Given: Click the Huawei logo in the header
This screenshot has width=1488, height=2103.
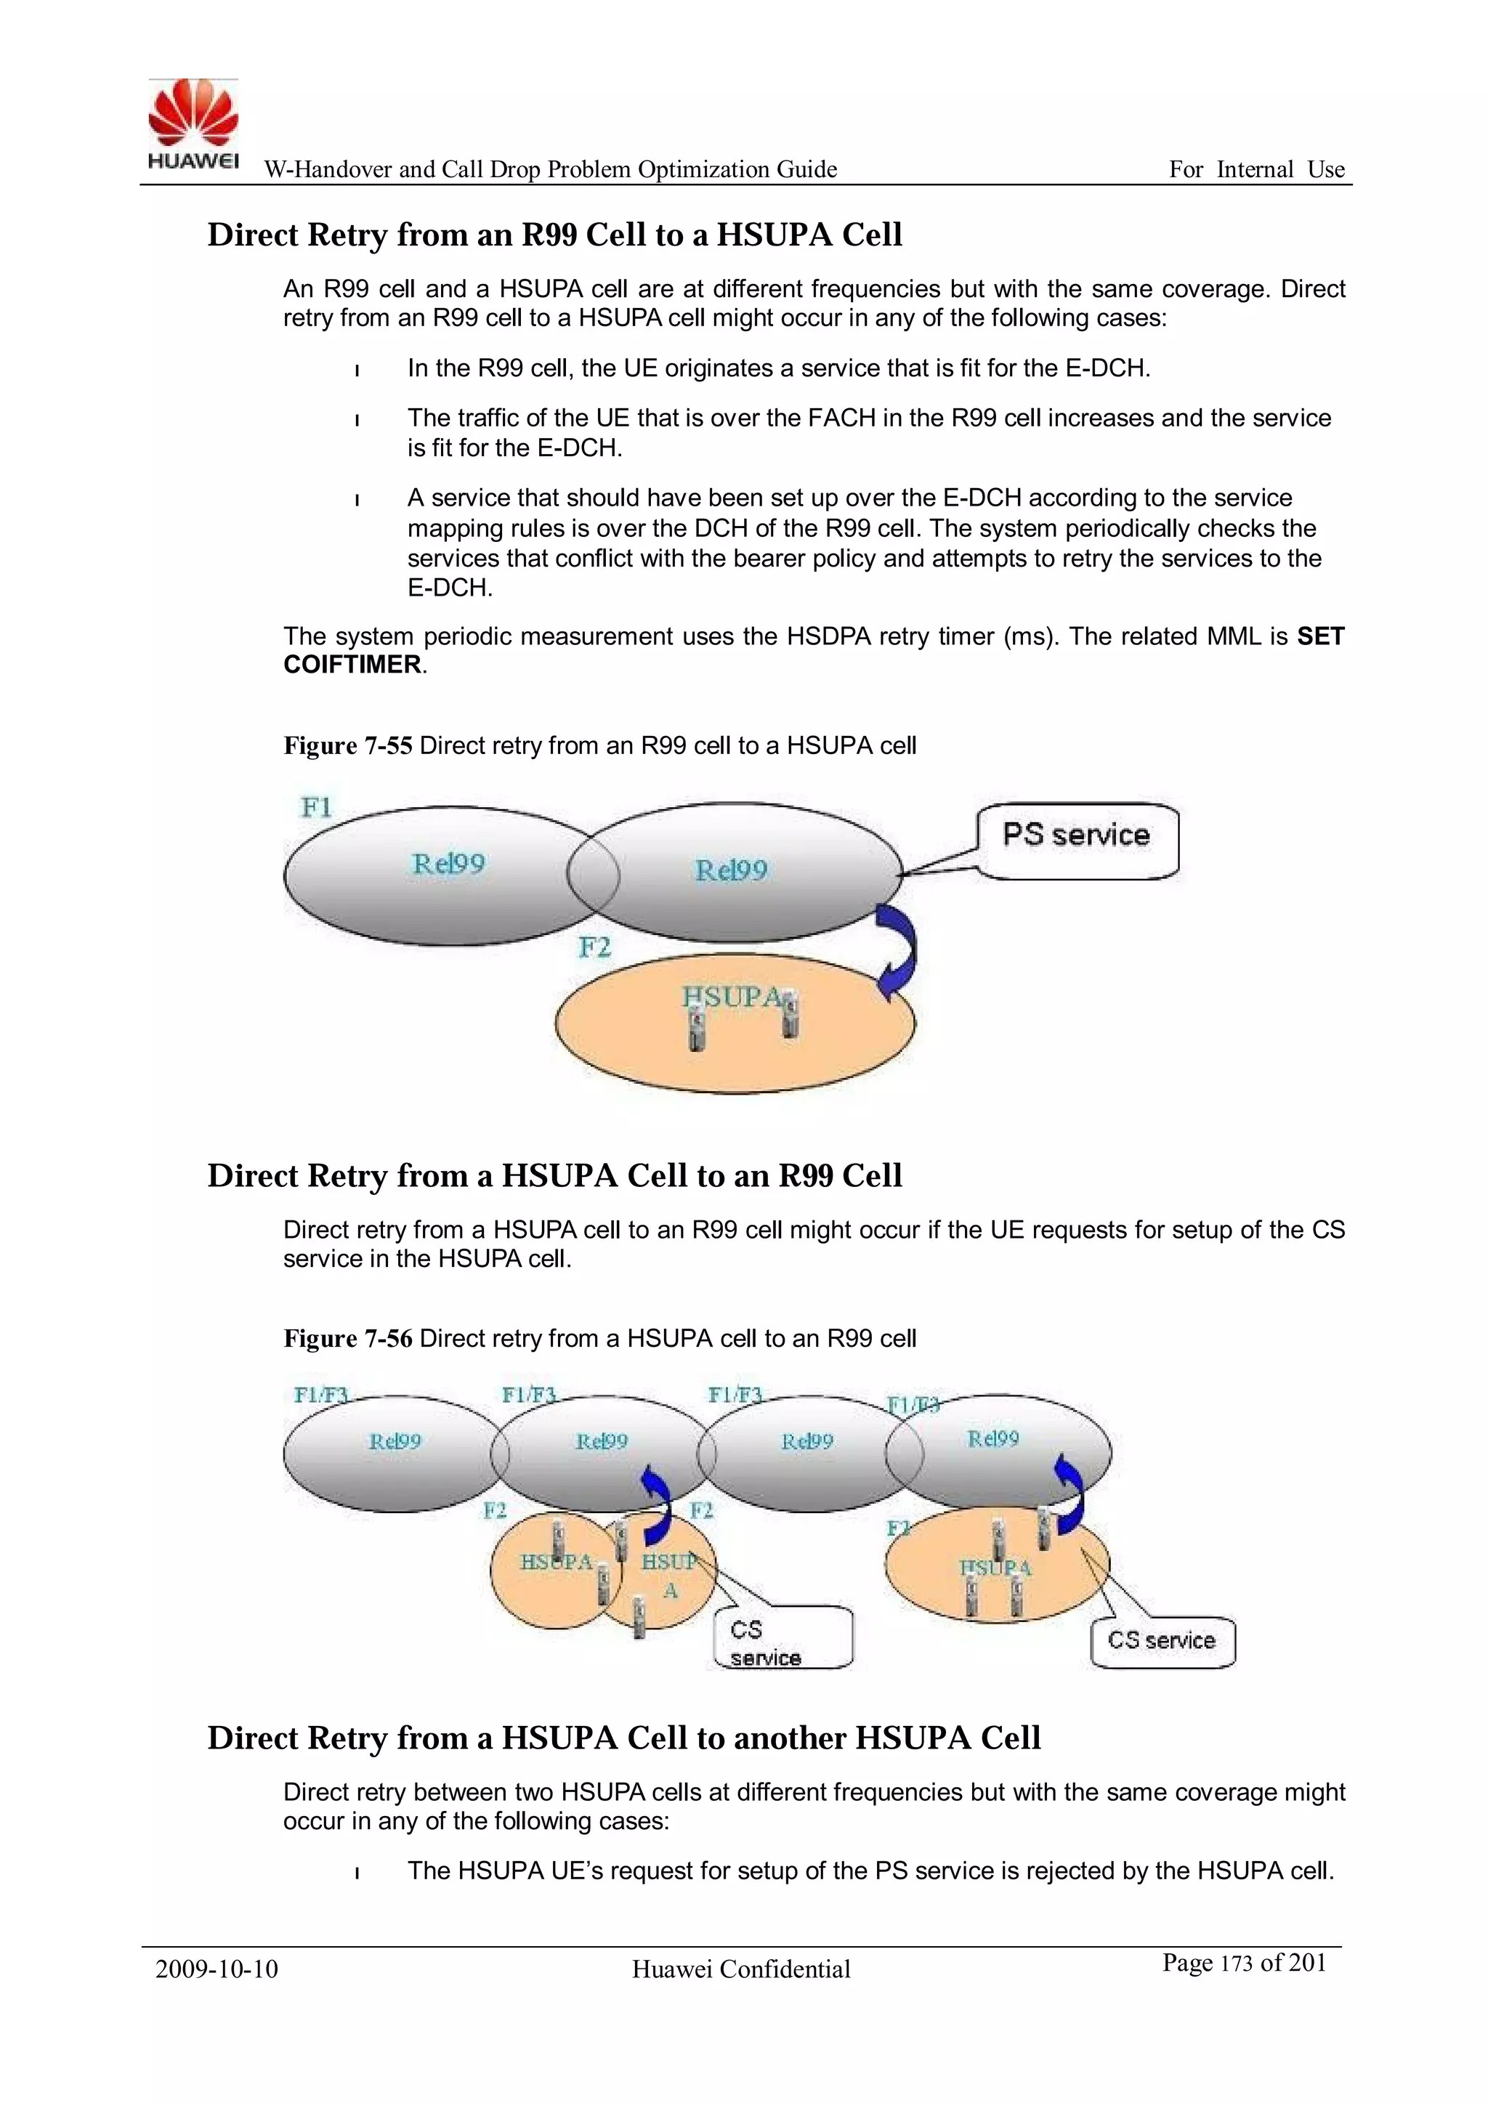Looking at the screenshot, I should [x=193, y=123].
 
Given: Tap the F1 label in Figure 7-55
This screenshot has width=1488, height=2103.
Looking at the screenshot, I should [x=316, y=807].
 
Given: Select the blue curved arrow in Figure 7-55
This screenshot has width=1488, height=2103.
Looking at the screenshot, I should [x=897, y=952].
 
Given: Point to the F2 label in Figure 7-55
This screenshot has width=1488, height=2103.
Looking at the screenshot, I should [x=594, y=947].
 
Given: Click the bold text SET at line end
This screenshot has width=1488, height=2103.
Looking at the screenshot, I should [x=1319, y=636].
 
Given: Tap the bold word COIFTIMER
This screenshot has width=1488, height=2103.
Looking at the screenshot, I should [x=352, y=665].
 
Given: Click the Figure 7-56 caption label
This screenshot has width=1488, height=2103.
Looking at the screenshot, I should [x=347, y=1338].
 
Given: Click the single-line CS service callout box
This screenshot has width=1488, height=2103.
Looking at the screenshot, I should [x=1162, y=1640].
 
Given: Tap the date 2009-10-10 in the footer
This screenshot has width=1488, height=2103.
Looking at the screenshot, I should [x=217, y=1969].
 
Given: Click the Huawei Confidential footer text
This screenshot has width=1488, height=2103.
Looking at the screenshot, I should [x=740, y=1969].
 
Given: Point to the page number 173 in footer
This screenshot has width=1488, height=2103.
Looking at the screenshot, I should [x=1236, y=1963].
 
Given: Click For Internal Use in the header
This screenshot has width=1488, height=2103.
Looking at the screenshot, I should [x=1256, y=169].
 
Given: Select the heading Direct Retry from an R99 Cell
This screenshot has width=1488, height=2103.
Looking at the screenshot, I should [x=554, y=235].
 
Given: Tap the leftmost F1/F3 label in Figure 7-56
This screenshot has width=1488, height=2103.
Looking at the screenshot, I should [x=320, y=1395].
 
